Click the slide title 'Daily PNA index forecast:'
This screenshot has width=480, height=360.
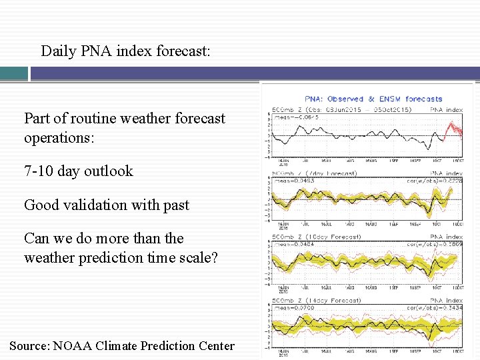click(125, 51)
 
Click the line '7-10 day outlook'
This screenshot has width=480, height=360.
click(79, 171)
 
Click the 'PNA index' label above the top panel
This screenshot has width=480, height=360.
click(446, 109)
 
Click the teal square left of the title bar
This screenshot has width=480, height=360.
click(14, 73)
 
